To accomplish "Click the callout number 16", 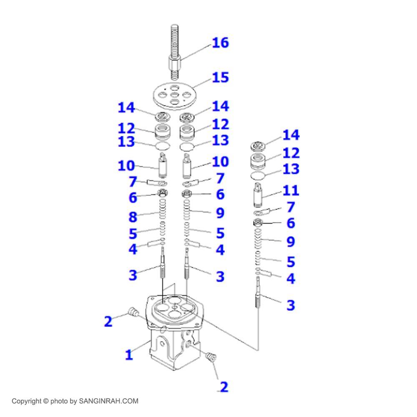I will (221, 43).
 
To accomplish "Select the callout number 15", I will (221, 78).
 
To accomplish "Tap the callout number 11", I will (291, 190).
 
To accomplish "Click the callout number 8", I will (133, 217).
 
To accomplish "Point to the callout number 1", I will (129, 355).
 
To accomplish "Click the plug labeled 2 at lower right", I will (211, 357).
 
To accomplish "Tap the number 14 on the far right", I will (291, 135).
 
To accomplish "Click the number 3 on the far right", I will (291, 305).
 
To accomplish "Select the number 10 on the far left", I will (126, 166).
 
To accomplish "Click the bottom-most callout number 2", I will (224, 387).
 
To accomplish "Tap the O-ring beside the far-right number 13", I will (259, 176).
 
